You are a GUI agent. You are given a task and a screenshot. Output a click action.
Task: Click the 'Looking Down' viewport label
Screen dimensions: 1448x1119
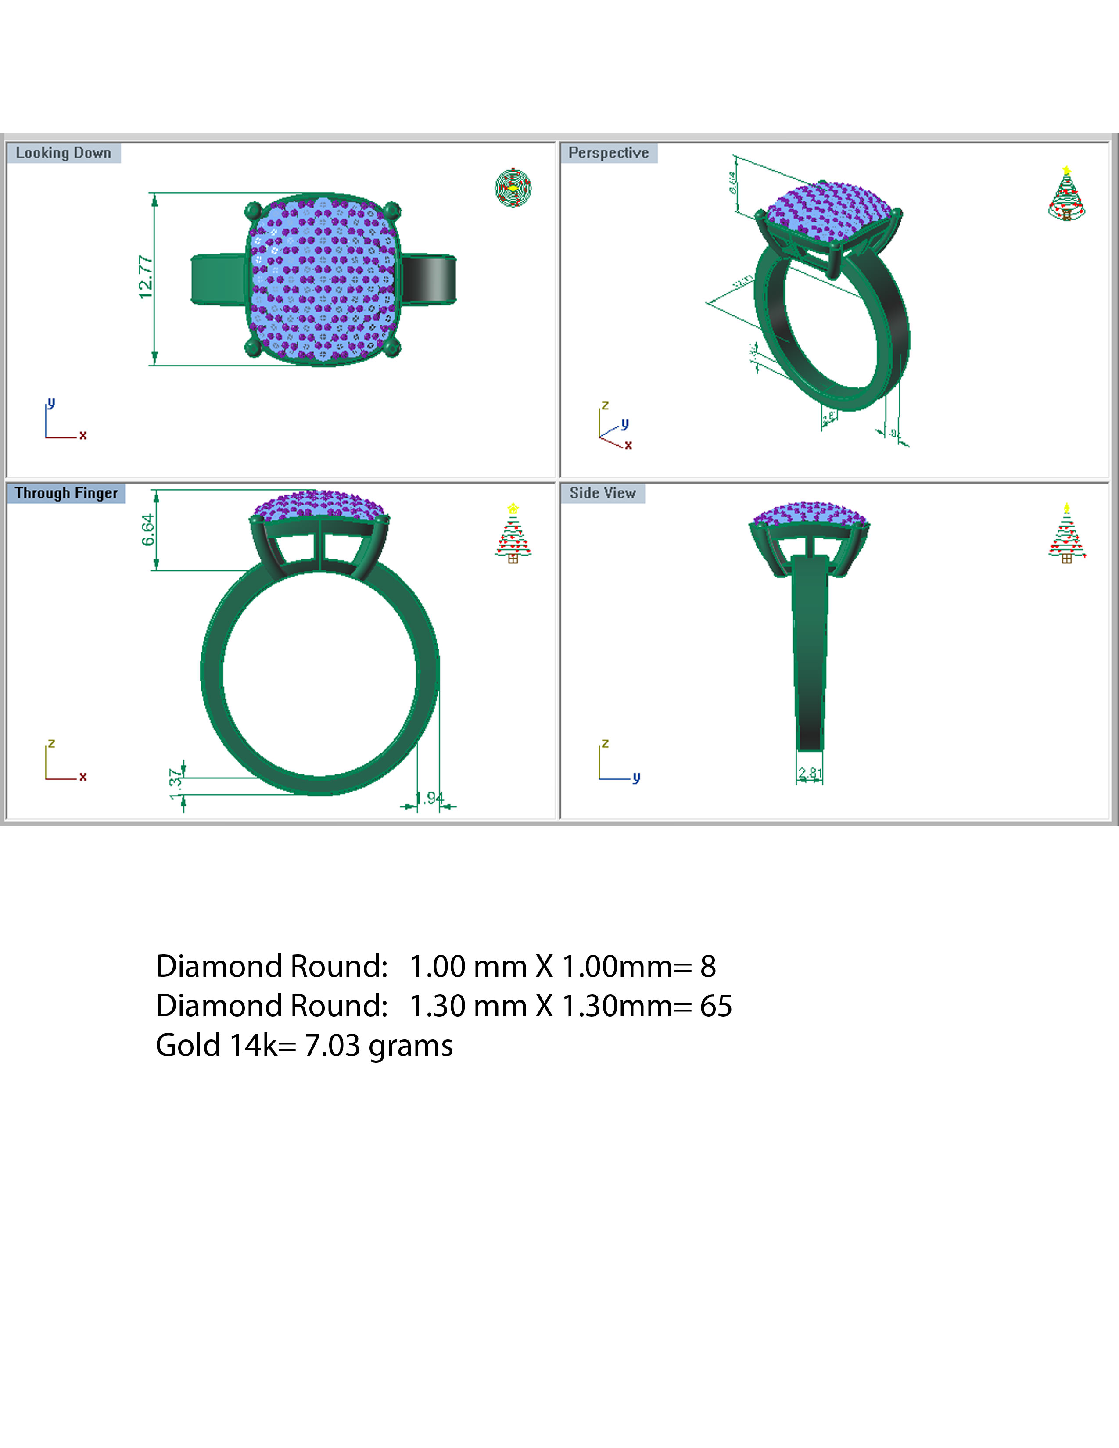tap(64, 153)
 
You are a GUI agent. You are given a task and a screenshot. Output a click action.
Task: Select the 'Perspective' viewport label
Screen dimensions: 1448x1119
tap(609, 153)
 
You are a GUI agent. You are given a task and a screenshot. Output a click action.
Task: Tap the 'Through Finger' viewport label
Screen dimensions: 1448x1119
tap(66, 493)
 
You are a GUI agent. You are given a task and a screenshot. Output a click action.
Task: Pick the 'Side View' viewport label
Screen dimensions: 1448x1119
tap(603, 493)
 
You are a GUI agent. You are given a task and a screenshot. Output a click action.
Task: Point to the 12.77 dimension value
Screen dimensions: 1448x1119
tap(146, 277)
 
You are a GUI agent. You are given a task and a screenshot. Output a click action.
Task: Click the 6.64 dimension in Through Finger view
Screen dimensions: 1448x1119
tap(148, 530)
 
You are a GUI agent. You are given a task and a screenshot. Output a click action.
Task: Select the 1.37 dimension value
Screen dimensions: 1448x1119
tap(176, 785)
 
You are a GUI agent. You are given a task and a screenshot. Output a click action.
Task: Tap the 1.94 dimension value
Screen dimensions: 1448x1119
tap(430, 798)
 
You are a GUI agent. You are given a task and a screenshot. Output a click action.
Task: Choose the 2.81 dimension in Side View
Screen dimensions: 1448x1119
tap(810, 773)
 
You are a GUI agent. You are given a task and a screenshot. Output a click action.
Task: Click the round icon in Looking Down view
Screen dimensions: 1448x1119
tap(513, 188)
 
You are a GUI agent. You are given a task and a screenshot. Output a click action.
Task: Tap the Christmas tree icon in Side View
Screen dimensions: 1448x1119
tap(1066, 534)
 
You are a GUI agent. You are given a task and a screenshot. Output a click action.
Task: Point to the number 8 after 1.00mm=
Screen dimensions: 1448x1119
tap(708, 967)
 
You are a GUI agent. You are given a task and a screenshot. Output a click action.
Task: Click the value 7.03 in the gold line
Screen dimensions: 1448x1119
tap(331, 1046)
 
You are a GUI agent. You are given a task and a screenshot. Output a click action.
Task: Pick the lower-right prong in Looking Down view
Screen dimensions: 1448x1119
tap(392, 348)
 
